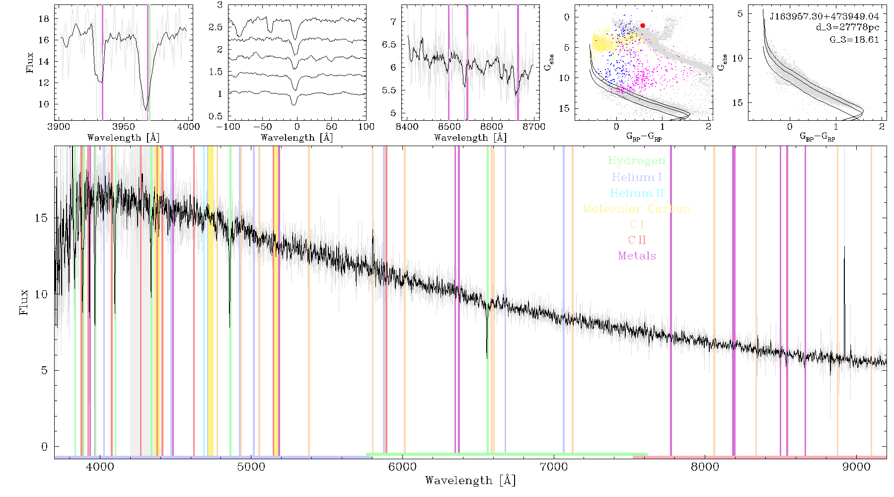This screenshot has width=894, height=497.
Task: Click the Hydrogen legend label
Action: pos(637,161)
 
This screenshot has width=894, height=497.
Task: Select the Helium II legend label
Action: pos(637,193)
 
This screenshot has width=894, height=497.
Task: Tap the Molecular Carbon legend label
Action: pos(637,209)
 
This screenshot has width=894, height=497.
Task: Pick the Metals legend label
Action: pos(637,256)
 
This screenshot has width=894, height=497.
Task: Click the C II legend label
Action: pos(637,240)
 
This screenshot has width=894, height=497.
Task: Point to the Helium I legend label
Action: pos(637,177)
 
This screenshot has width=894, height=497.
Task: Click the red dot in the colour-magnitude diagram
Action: pos(643,25)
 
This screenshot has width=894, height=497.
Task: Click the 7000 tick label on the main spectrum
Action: pos(554,467)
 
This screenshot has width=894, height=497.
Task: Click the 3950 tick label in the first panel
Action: pos(124,127)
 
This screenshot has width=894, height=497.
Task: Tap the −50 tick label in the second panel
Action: pos(262,127)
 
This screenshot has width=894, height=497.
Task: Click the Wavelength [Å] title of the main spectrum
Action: pos(470,481)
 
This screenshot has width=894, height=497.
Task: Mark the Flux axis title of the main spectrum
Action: pos(23,302)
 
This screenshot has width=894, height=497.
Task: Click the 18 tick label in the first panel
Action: pos(44,19)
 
